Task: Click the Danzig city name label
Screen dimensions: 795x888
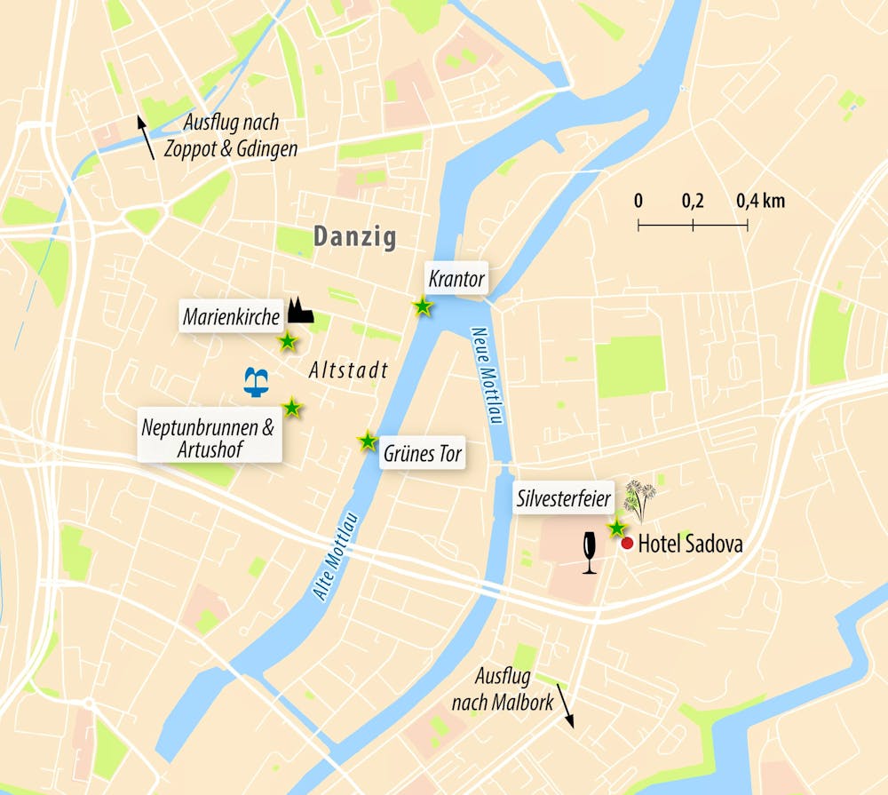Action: pos(354,237)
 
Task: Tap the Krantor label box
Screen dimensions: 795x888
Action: pos(456,279)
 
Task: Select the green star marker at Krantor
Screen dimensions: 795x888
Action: pos(424,306)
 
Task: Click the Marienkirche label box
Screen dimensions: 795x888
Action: pos(232,315)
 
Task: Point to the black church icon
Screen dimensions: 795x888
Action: pos(300,310)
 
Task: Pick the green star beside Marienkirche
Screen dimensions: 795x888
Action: pos(288,342)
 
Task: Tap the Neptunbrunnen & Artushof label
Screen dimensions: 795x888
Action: pos(209,438)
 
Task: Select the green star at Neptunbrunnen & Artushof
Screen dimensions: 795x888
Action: pos(292,408)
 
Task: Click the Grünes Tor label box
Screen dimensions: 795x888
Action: pos(423,454)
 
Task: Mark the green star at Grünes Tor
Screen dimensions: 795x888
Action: pos(367,441)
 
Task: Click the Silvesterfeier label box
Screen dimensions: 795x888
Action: pos(564,499)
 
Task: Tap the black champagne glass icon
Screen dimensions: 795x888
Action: pos(589,553)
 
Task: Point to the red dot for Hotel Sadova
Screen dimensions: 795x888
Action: pos(627,543)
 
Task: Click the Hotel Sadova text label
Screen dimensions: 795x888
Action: pos(690,544)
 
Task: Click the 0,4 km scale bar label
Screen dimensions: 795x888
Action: pos(760,201)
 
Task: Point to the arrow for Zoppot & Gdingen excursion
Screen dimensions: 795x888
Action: pos(146,137)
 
